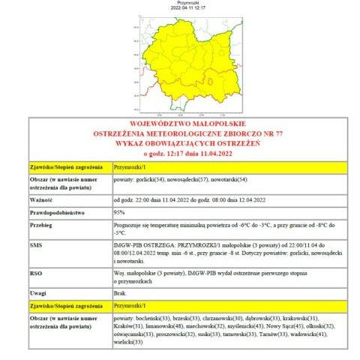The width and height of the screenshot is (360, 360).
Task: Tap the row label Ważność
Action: [x=41, y=200]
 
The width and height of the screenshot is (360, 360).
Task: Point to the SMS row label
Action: [x=36, y=245]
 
